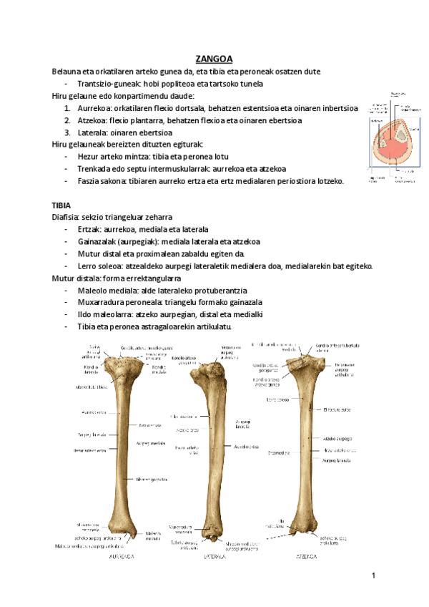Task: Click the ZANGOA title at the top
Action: (x=214, y=59)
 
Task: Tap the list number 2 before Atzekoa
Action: (x=67, y=120)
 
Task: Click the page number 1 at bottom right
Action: (x=373, y=576)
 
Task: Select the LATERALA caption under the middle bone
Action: (x=215, y=554)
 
